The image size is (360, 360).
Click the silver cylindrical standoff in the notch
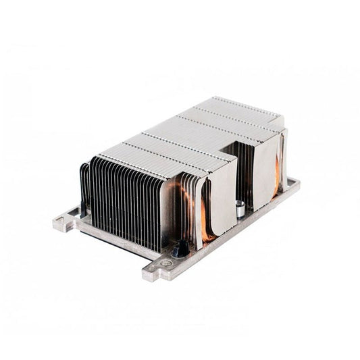click(240, 210)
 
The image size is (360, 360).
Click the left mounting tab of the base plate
click(65, 222)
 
